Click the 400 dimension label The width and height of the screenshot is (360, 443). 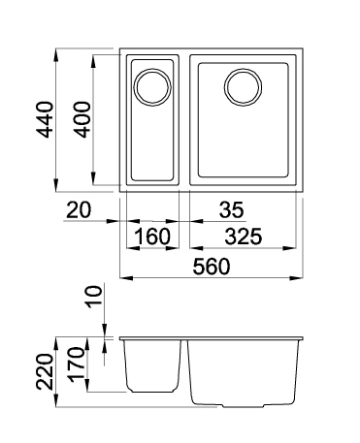pyautogui.click(x=84, y=118)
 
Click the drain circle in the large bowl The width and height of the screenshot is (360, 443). pyautogui.click(x=243, y=87)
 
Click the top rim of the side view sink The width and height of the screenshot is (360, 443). pyautogui.click(x=213, y=338)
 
